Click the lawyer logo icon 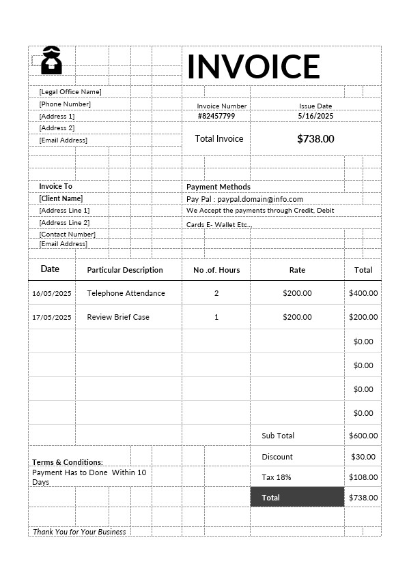52,61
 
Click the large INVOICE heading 253,66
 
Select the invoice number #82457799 216,116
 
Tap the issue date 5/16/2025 315,116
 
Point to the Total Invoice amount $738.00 315,138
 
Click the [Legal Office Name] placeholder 70,91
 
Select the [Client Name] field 61,198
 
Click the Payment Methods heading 218,187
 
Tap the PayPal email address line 244,199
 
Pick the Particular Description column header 125,270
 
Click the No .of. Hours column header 216,270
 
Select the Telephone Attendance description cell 126,293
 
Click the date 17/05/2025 52,317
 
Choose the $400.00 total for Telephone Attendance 363,293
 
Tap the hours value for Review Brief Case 216,317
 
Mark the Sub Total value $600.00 363,436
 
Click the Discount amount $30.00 363,457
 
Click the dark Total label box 297,498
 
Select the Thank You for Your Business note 79,532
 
